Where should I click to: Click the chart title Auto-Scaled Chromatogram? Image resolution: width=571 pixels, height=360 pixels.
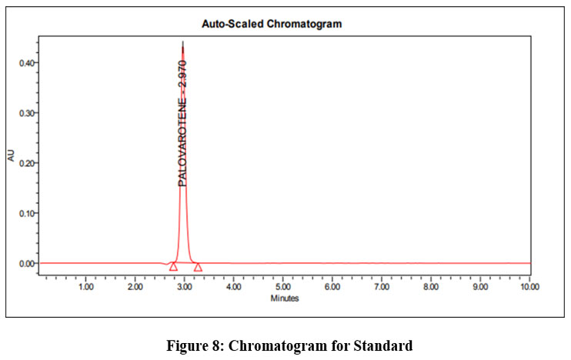(x=272, y=25)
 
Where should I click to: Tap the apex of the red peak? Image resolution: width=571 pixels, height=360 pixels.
(x=182, y=42)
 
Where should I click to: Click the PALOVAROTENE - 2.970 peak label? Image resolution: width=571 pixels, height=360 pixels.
(x=182, y=122)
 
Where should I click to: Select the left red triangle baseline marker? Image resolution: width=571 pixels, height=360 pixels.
(x=173, y=266)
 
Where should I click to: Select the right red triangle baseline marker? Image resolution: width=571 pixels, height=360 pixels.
(x=198, y=267)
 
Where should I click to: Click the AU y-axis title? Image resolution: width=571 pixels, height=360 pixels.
(x=10, y=156)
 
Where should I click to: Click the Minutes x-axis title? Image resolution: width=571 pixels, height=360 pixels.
(x=284, y=298)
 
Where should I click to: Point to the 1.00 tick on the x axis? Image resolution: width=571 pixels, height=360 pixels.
(x=86, y=287)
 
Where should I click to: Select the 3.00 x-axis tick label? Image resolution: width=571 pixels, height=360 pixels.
(x=185, y=287)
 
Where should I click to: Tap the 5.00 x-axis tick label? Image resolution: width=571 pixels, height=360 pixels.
(x=283, y=287)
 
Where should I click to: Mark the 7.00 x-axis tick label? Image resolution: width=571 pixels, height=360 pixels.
(x=382, y=287)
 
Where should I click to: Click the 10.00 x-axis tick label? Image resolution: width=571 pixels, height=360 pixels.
(x=529, y=287)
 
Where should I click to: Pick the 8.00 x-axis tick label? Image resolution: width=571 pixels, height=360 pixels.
(x=431, y=287)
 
